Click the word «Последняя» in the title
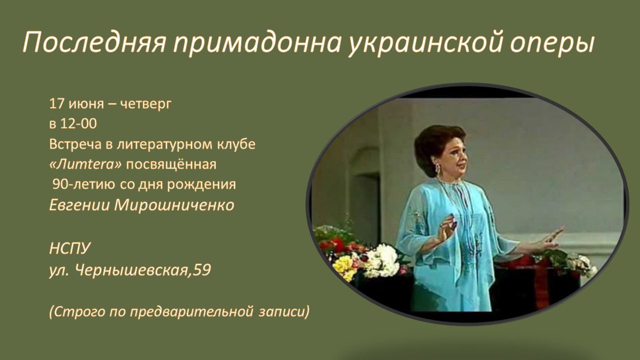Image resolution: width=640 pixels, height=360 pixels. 94,43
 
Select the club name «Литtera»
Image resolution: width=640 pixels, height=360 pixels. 85,164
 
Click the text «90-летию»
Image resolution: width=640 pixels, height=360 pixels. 84,184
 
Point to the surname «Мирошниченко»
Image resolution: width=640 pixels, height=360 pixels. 174,205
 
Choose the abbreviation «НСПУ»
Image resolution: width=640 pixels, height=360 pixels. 70,248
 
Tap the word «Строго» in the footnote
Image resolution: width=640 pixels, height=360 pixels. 77,312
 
